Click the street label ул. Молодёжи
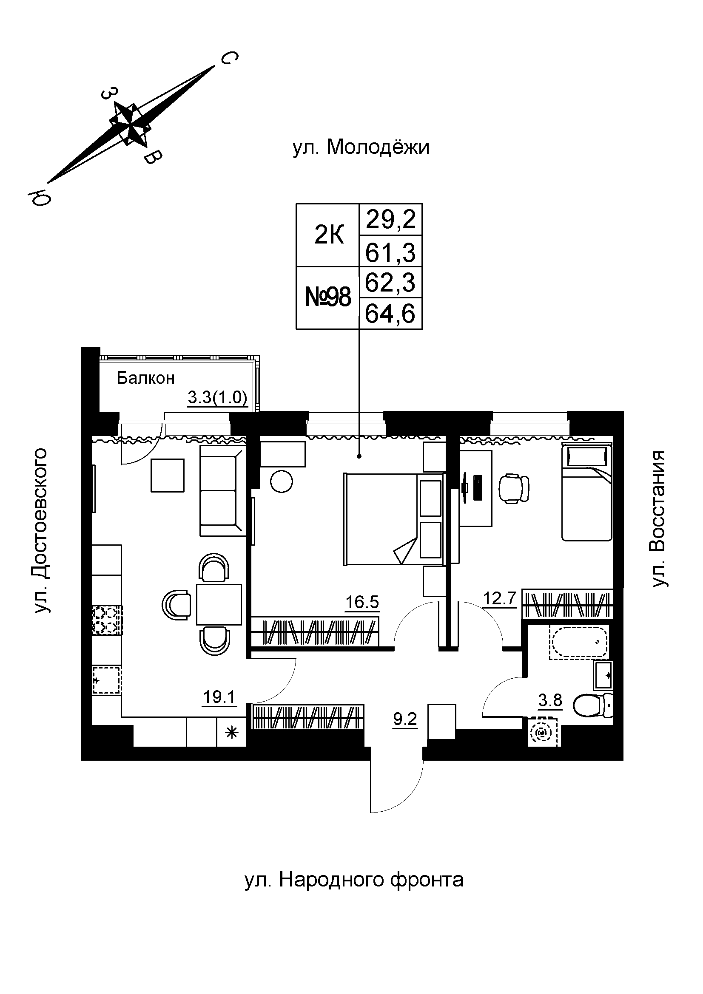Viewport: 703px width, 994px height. (x=361, y=147)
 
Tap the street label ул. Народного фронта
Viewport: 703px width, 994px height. (x=354, y=879)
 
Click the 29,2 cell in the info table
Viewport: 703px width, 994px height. (x=391, y=220)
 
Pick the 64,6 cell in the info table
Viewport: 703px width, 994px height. (x=391, y=314)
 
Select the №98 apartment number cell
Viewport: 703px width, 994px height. (x=328, y=298)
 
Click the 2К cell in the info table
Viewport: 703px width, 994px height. (x=328, y=236)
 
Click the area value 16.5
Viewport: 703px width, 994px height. (x=362, y=603)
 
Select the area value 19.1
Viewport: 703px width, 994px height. (x=219, y=697)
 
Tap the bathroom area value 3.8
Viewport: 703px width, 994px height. (x=550, y=700)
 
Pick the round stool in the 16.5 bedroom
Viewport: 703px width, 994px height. (x=281, y=481)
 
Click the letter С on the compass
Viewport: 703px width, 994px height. (x=229, y=58)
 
